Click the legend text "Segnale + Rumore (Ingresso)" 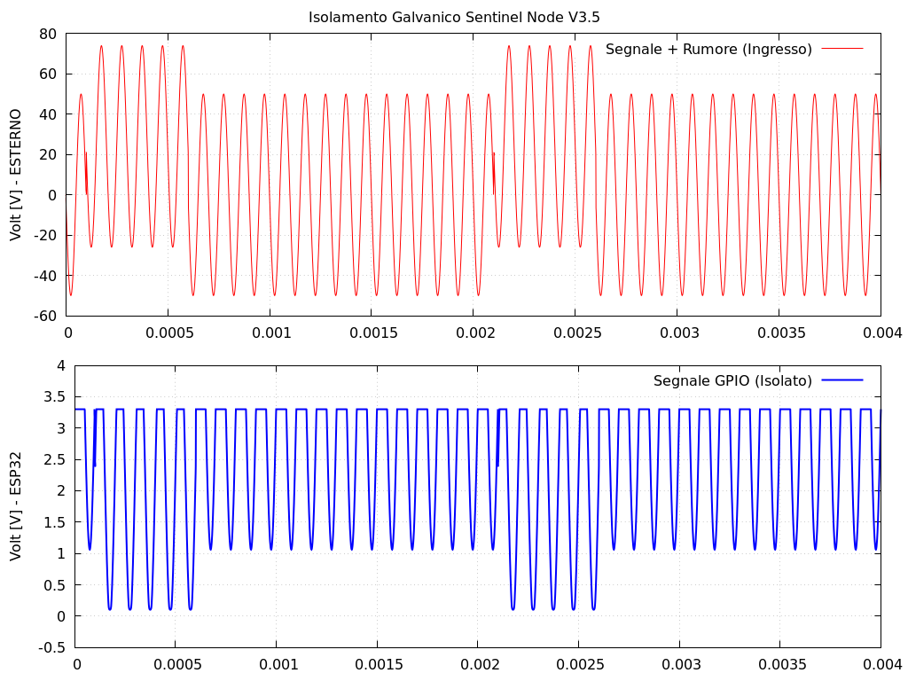(x=708, y=50)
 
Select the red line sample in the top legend (x=842, y=50)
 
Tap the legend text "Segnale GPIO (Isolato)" (x=732, y=380)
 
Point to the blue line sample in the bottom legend (x=842, y=380)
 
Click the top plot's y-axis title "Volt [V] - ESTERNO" (x=16, y=175)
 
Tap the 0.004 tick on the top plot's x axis (x=881, y=333)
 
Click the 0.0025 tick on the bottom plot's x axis (x=579, y=664)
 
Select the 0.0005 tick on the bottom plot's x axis (x=176, y=664)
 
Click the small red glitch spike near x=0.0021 (x=494, y=168)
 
